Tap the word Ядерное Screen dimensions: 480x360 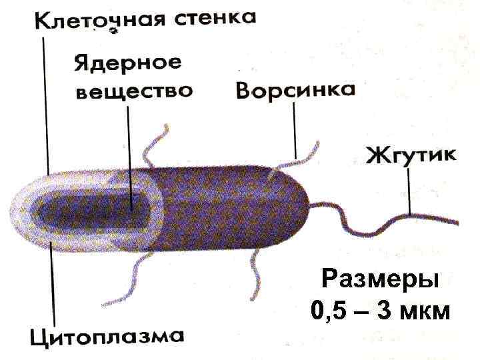(127, 65)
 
